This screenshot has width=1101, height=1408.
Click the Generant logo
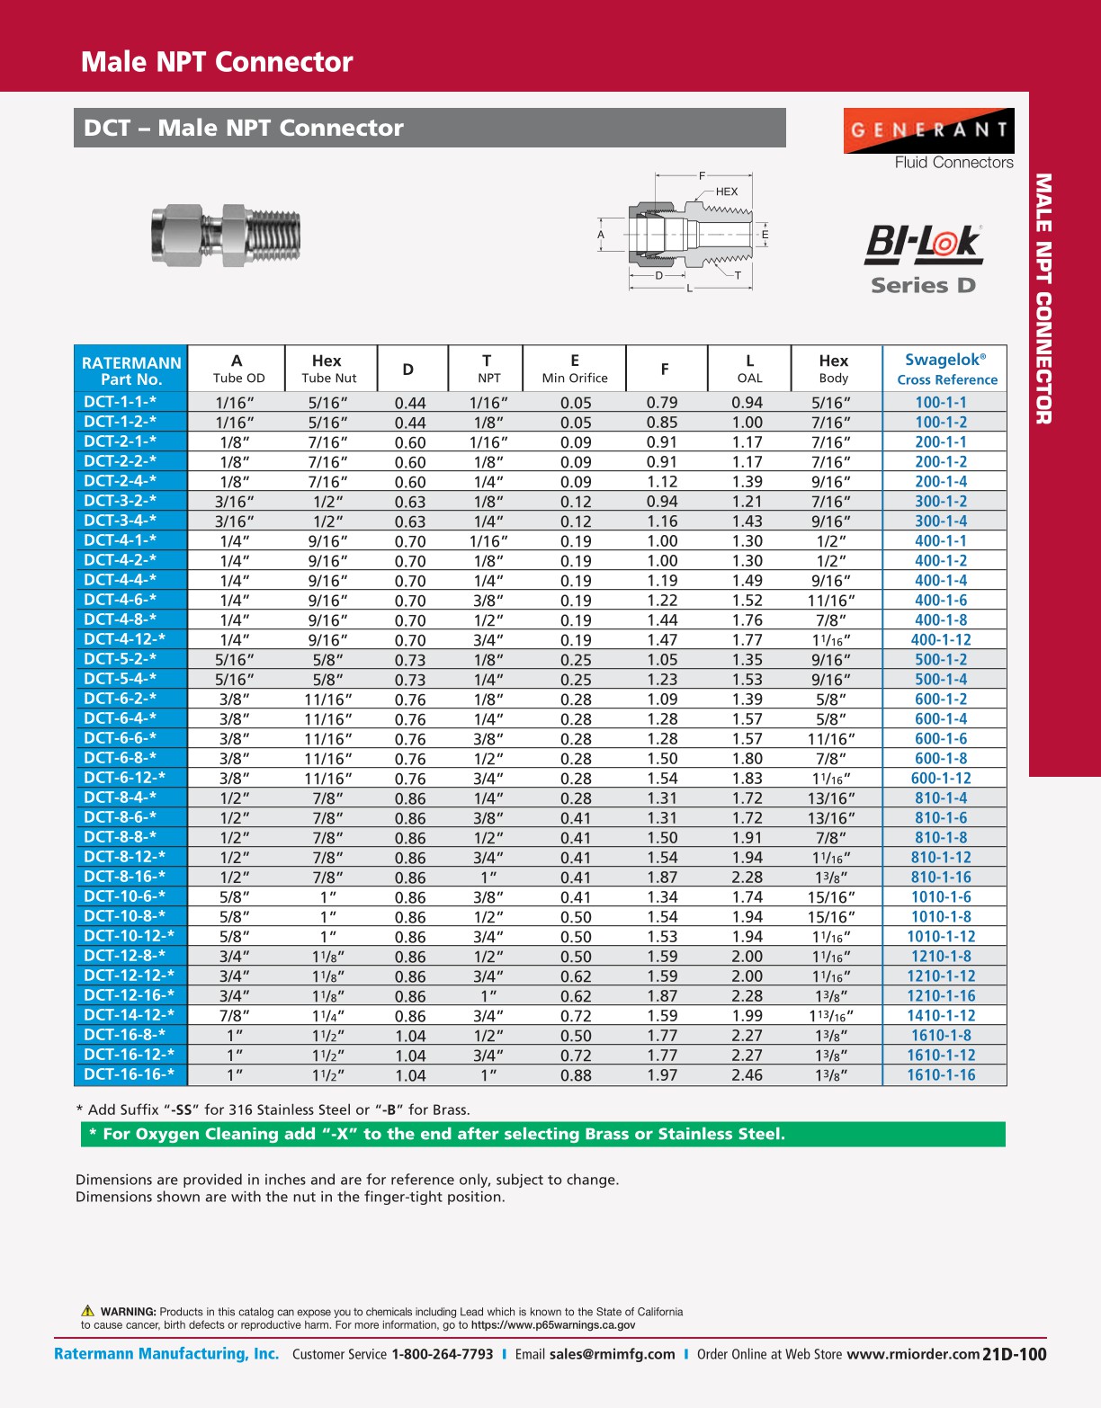click(x=928, y=131)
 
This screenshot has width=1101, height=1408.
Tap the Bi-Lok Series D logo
click(x=923, y=259)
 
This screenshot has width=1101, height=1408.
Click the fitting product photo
click(x=226, y=236)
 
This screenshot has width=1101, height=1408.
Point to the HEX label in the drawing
click(x=727, y=192)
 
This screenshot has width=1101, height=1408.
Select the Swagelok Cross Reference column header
click(x=945, y=369)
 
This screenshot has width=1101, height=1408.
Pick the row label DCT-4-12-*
click(x=125, y=639)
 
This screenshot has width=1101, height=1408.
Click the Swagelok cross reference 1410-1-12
click(x=941, y=1015)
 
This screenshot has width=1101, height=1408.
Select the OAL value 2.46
click(x=747, y=1074)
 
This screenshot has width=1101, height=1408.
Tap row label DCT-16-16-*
click(x=130, y=1074)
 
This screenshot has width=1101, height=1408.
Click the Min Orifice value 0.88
click(x=576, y=1074)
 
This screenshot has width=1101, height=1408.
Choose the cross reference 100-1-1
click(x=941, y=403)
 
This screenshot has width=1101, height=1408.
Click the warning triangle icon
click(x=88, y=1311)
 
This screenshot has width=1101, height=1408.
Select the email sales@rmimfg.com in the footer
click(x=612, y=1354)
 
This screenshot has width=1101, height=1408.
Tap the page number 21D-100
click(x=1015, y=1354)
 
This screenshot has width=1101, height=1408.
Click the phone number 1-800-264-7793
click(x=442, y=1354)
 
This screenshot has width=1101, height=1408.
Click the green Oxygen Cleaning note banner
click(x=542, y=1134)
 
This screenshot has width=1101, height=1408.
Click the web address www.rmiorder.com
click(x=913, y=1354)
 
